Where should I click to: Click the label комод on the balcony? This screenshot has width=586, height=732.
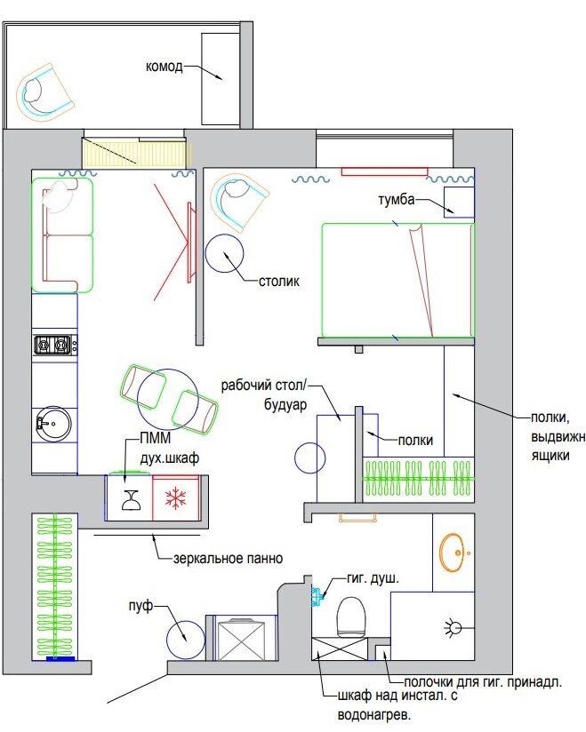164,67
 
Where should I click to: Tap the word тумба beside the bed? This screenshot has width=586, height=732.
397,200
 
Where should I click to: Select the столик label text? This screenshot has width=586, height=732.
279,282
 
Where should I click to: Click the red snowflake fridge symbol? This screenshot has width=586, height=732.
176,498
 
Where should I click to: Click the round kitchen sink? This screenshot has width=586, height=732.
53,424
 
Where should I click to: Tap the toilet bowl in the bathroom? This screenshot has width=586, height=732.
351,617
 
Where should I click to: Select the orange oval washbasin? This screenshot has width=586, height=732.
453,553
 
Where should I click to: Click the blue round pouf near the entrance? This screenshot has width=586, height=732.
186,640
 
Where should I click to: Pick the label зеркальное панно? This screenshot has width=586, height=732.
228,559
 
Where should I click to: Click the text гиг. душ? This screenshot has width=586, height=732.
373,579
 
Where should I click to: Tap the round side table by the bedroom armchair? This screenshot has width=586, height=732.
225,253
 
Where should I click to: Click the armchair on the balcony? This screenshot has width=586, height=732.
44,93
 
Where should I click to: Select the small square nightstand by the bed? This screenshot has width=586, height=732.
459,203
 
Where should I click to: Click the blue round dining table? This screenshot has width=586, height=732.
168,399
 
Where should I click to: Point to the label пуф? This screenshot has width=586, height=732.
140,607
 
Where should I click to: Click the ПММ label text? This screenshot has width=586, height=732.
156,438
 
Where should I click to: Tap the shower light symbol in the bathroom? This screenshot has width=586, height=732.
453,627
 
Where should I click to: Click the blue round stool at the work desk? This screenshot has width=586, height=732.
309,458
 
